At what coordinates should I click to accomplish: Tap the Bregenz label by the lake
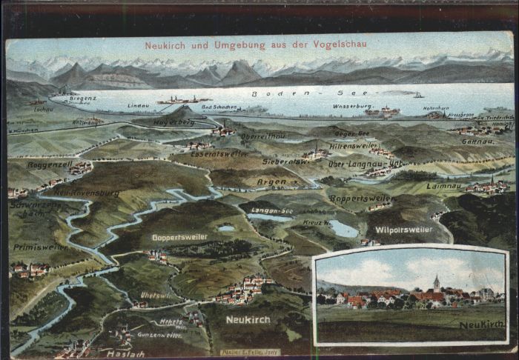(83, 98)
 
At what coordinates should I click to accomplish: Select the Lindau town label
(138, 105)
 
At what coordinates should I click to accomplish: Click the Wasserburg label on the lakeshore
(352, 106)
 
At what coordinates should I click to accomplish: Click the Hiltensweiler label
(354, 145)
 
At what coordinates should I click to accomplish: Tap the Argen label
(271, 181)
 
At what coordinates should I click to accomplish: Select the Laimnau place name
(443, 186)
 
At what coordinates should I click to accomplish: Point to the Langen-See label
(272, 210)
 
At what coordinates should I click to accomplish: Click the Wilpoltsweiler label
(403, 230)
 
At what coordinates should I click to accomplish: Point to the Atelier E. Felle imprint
(250, 352)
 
